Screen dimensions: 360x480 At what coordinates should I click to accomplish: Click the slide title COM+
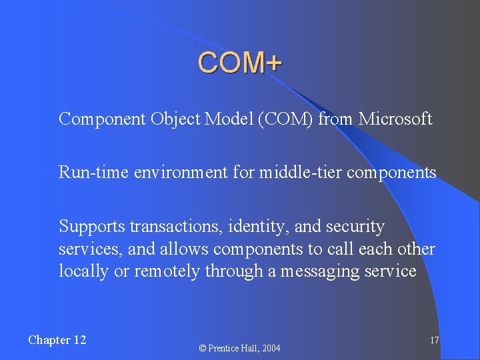[x=240, y=63]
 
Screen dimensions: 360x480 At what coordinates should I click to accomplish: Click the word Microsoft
[x=395, y=119]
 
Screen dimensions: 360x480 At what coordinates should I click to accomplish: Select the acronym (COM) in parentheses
[x=287, y=119]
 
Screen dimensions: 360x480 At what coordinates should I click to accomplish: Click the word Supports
[x=92, y=227]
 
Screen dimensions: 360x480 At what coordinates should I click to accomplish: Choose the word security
[x=355, y=227]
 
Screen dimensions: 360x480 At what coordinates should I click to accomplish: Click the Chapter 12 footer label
[x=57, y=340]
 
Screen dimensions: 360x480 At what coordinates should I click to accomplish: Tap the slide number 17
[x=434, y=341]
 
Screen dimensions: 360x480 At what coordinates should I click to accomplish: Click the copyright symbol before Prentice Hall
[x=203, y=348]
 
